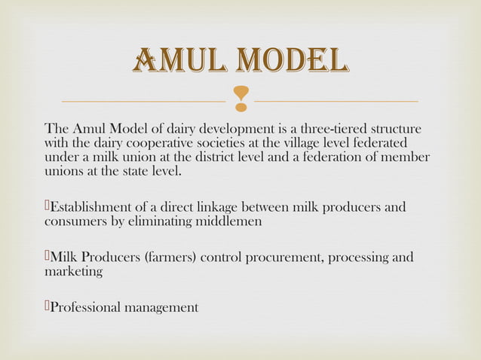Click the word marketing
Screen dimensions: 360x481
coord(74,272)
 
